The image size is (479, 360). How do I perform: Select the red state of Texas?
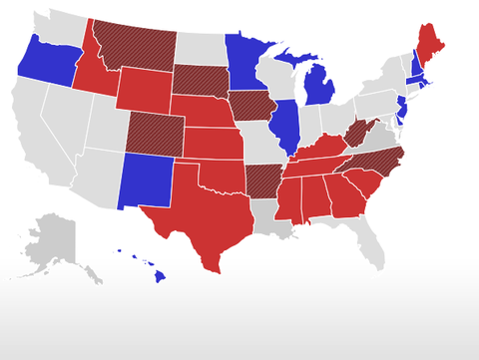200,214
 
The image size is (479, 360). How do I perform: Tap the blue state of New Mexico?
146,180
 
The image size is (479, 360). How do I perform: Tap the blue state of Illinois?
286,124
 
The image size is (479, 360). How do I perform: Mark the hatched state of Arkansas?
260,178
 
